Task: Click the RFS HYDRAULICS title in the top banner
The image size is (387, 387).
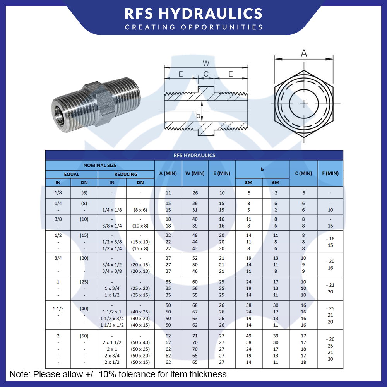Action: click(x=193, y=13)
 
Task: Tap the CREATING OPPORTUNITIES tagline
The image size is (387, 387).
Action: click(x=193, y=27)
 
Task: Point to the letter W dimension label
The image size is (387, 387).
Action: click(x=206, y=63)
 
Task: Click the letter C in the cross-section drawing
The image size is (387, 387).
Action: click(x=206, y=74)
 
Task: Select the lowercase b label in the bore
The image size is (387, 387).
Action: click(x=198, y=115)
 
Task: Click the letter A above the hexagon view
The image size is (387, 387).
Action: click(x=304, y=53)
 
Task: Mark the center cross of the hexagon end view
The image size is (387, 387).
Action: click(x=304, y=104)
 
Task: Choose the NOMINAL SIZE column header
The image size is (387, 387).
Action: click(x=100, y=165)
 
